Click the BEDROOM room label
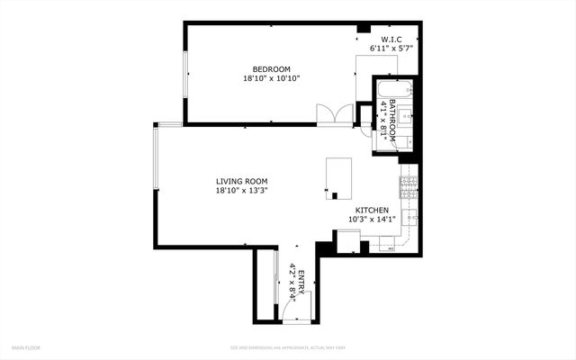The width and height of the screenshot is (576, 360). point(271,69)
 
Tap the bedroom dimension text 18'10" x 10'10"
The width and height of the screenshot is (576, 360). point(271,78)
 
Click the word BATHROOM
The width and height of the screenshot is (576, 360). point(392,116)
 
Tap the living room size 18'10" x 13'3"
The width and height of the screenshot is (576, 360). point(241,190)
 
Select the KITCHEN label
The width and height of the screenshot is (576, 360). point(371,210)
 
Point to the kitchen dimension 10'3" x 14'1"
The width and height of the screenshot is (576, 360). point(371,219)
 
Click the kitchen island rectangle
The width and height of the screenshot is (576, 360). point(339,175)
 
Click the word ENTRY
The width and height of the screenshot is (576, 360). point(301,280)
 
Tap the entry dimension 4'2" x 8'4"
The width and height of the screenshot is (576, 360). point(292,280)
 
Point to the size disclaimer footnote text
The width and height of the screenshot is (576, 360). point(287,346)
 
